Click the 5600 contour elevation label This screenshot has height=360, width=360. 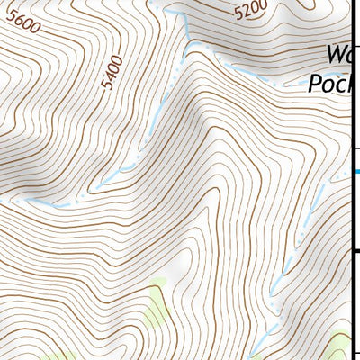pos(22,26)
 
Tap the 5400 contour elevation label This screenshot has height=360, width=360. pos(112,73)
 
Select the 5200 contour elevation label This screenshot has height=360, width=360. pos(251,11)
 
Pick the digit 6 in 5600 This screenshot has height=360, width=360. pos(17,23)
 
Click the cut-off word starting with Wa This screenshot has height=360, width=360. pos(337,54)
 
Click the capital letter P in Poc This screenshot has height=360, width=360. pos(315,83)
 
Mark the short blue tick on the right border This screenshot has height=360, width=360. pos(355,171)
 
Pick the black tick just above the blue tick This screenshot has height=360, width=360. pos(355,148)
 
